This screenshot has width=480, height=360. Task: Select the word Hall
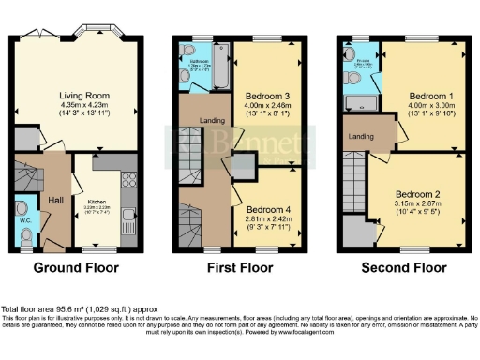pos(55,199)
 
